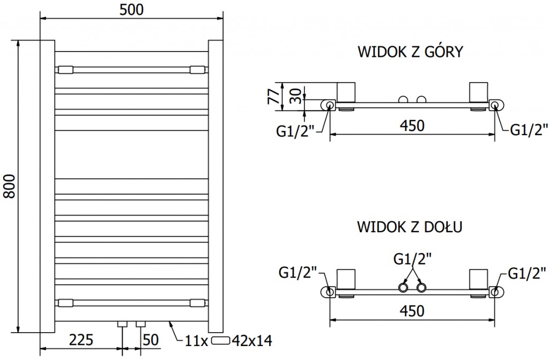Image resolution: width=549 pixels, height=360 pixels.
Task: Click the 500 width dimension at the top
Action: [132, 9]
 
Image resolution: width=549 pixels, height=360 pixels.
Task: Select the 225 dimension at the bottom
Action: [81, 340]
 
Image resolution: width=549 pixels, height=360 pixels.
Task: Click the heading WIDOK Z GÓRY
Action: [410, 53]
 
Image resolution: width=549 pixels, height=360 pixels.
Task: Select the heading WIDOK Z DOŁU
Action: [410, 227]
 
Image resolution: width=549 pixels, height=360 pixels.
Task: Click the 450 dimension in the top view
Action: [412, 126]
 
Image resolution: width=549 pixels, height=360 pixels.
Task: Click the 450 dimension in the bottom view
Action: [412, 311]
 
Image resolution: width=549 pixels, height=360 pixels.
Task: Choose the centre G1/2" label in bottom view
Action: [412, 260]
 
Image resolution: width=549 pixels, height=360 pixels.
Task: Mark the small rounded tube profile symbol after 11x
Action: [221, 340]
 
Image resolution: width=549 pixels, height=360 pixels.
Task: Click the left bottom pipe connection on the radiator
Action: [123, 324]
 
